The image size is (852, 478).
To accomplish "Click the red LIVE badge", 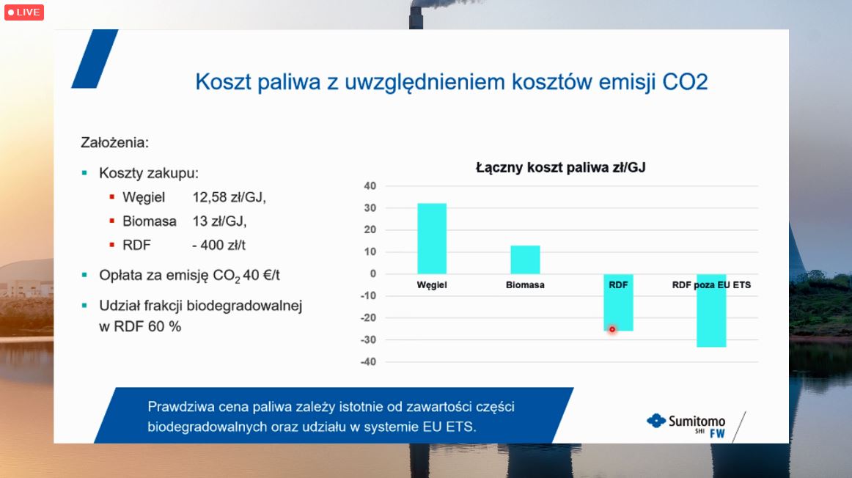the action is pyautogui.click(x=24, y=12).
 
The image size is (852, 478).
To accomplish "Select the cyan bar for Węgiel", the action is pyautogui.click(x=432, y=238).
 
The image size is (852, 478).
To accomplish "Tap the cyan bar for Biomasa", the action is pyautogui.click(x=525, y=260).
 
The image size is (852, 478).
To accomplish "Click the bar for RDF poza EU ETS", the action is pyautogui.click(x=711, y=310).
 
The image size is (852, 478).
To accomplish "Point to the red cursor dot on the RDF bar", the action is pyautogui.click(x=612, y=329).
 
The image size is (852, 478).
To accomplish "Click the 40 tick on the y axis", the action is pyautogui.click(x=370, y=185).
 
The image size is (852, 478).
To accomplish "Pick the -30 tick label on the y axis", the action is pyautogui.click(x=368, y=339).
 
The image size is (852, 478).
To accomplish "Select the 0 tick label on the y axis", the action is pyautogui.click(x=372, y=273).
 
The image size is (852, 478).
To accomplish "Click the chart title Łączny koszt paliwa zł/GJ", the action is pyautogui.click(x=561, y=167).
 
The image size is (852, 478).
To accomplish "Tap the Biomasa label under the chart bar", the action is pyautogui.click(x=525, y=284).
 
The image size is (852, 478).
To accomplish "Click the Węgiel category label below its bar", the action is pyautogui.click(x=432, y=284).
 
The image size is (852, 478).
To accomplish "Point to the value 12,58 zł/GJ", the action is pyautogui.click(x=229, y=197).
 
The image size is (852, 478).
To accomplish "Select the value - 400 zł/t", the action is pyautogui.click(x=218, y=245).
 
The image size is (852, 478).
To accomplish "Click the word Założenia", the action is pyautogui.click(x=114, y=142).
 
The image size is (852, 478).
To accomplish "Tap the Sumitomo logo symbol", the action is pyautogui.click(x=655, y=420).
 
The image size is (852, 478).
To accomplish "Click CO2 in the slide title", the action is pyautogui.click(x=685, y=82).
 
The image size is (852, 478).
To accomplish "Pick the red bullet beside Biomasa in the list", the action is pyautogui.click(x=112, y=221).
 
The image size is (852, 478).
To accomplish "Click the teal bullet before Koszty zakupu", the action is pyautogui.click(x=84, y=173).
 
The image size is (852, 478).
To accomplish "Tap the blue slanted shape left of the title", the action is pyautogui.click(x=95, y=59).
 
